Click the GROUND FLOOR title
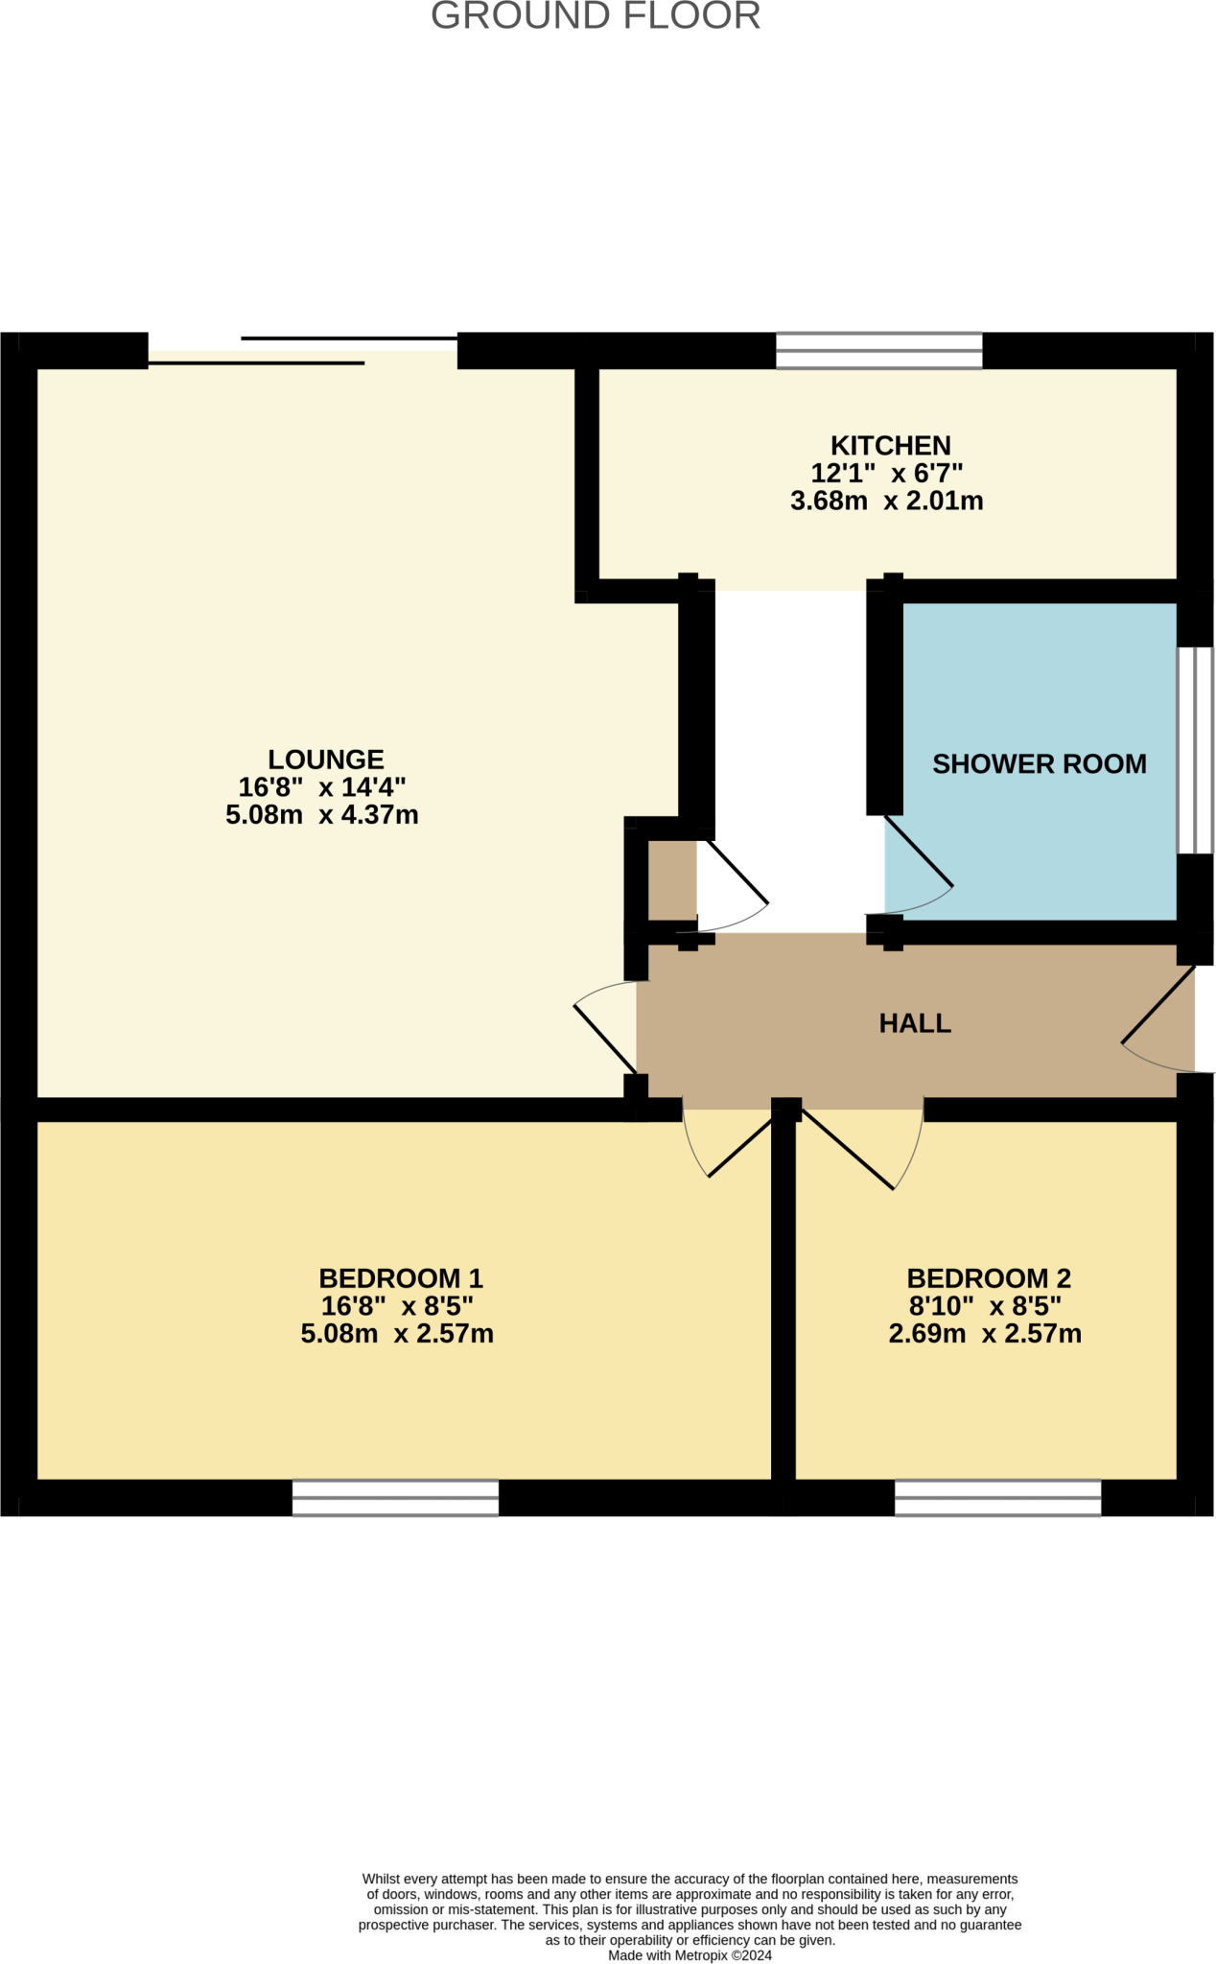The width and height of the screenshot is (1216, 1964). pyautogui.click(x=595, y=16)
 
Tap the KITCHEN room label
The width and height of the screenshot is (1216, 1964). pyautogui.click(x=890, y=445)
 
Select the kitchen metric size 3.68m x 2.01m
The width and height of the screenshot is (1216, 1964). pyautogui.click(x=886, y=501)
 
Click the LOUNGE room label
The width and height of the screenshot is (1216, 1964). pyautogui.click(x=325, y=759)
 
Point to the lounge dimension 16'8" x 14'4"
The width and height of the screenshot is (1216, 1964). pyautogui.click(x=321, y=787)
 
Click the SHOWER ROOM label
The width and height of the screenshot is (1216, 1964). pyautogui.click(x=1039, y=763)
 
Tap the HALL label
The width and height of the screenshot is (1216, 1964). pyautogui.click(x=914, y=1023)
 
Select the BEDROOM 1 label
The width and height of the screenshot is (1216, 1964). pyautogui.click(x=400, y=1277)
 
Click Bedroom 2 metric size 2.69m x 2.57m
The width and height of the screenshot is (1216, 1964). pyautogui.click(x=984, y=1333)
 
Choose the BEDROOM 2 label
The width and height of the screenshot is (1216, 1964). pyautogui.click(x=988, y=1277)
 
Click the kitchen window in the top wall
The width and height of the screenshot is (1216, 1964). pyautogui.click(x=878, y=350)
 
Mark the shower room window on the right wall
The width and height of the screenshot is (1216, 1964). pyautogui.click(x=1194, y=750)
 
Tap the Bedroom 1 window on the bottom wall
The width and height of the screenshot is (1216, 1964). pyautogui.click(x=395, y=1497)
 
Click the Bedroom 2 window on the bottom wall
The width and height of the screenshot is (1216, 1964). pyautogui.click(x=997, y=1497)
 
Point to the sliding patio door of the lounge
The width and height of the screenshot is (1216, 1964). pyautogui.click(x=302, y=351)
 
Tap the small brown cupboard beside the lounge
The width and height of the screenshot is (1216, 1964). pyautogui.click(x=671, y=878)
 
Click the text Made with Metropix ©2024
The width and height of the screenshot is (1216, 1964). pyautogui.click(x=690, y=1955)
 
